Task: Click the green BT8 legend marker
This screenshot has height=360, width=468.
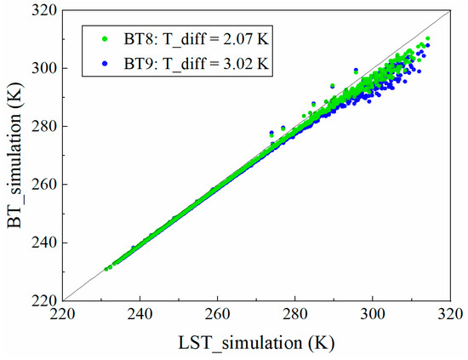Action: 105,37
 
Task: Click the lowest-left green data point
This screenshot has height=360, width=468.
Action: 106,269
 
